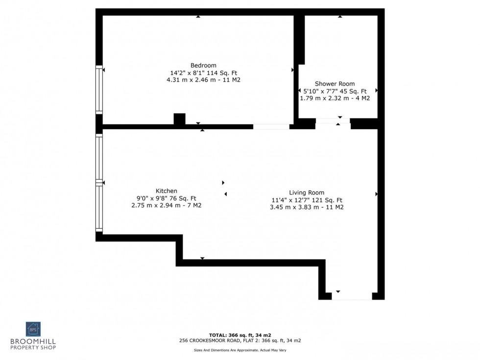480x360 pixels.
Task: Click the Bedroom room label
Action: pos(203,66)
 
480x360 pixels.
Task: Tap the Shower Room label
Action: pos(335,84)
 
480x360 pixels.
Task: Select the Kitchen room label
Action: pos(167,191)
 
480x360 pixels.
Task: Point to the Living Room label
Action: pos(307,192)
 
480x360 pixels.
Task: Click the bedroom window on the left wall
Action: pos(99,91)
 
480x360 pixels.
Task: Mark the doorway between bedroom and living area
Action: pos(271,126)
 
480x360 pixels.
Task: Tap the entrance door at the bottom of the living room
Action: pos(352,296)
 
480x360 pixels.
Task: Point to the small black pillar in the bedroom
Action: pos(179,119)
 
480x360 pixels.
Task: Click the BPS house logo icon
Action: pos(33,329)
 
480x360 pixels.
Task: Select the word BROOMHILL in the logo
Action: pos(33,341)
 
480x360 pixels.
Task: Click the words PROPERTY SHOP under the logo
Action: pos(33,348)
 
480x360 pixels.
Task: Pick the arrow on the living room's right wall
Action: pos(376,194)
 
